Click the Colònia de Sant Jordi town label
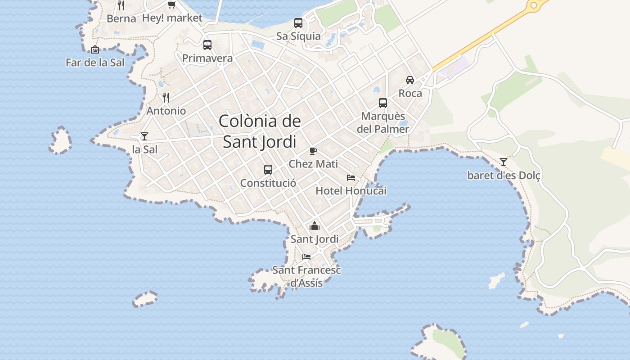(x=260, y=131)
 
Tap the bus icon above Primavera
(x=207, y=45)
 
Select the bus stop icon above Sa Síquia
(x=298, y=23)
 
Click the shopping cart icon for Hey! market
(x=171, y=5)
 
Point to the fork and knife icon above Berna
(x=121, y=5)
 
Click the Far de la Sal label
(x=95, y=63)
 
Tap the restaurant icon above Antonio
(x=166, y=98)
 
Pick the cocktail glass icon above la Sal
(x=144, y=136)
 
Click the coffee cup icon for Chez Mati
(x=313, y=151)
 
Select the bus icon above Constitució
(x=268, y=170)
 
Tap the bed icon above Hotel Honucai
(x=351, y=178)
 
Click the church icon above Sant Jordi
(x=315, y=226)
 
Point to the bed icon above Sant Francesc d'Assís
(x=306, y=257)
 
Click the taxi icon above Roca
(x=410, y=80)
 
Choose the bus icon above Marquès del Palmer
(x=383, y=103)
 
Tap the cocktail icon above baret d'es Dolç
(x=504, y=162)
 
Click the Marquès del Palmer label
(x=383, y=122)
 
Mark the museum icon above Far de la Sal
(x=95, y=49)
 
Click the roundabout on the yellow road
(x=534, y=5)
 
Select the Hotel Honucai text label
(x=351, y=191)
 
